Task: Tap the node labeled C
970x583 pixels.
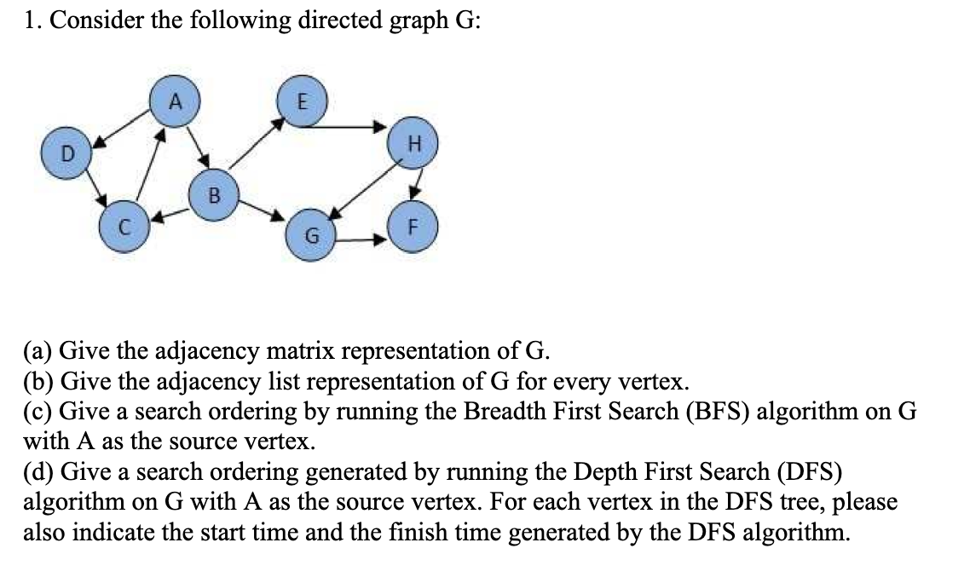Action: [124, 228]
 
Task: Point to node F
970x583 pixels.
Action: [413, 228]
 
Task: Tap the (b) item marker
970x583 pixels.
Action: [38, 381]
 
